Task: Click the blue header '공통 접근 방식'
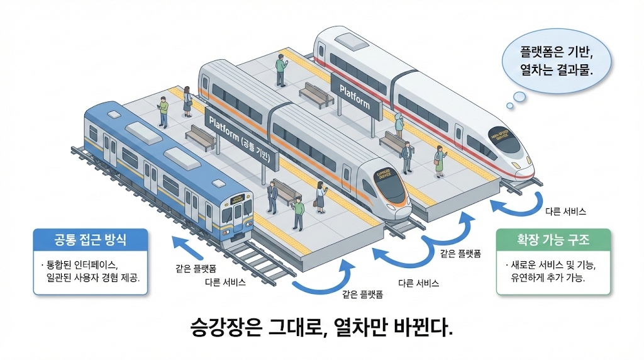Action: point(90,240)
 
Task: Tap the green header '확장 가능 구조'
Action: point(553,240)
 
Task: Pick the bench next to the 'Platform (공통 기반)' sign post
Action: point(199,137)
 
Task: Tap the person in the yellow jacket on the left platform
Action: point(163,112)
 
